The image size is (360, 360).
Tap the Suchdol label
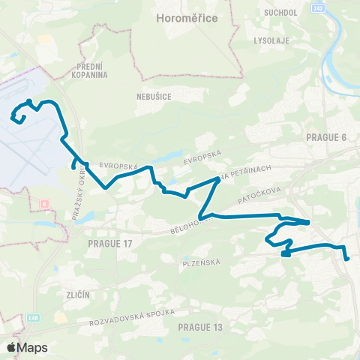click(x=277, y=13)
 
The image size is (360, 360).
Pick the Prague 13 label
click(x=201, y=327)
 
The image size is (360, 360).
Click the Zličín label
click(x=77, y=295)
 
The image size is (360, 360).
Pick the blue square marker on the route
click(x=286, y=253)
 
